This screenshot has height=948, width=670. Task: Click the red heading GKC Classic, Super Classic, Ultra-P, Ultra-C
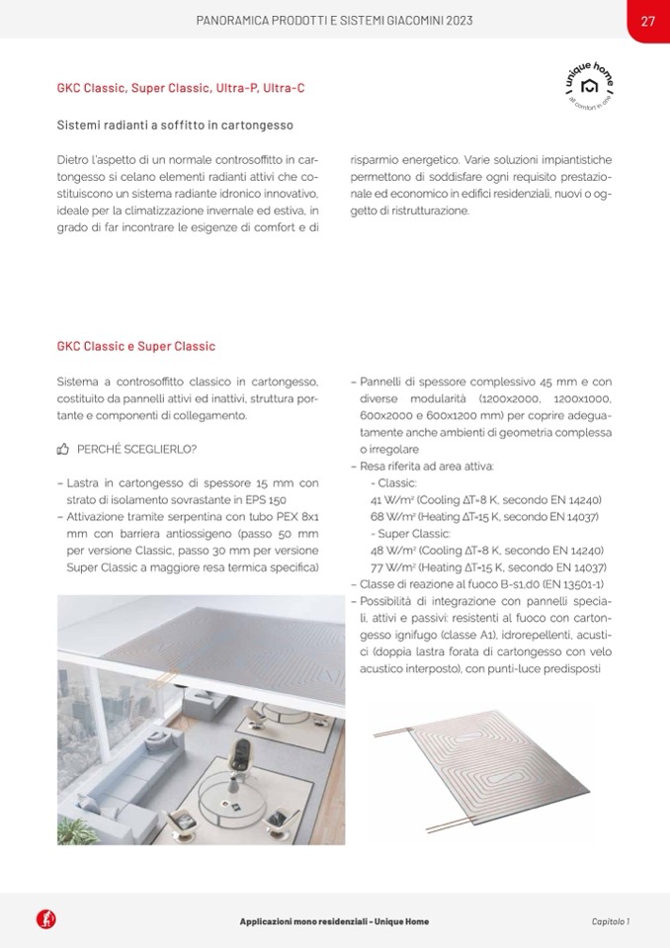tap(181, 89)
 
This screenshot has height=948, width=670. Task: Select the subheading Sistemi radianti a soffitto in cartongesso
tap(175, 126)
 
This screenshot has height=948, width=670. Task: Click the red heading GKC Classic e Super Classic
tap(136, 347)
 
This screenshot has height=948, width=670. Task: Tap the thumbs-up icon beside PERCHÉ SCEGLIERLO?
tap(63, 449)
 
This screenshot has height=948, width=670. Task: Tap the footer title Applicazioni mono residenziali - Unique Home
tap(335, 920)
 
